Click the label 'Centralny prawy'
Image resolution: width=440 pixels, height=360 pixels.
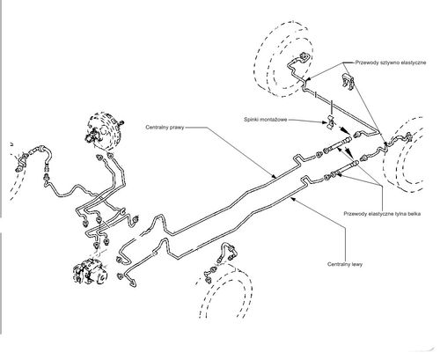coord(165,128)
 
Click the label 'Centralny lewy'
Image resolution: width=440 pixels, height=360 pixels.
coord(345,264)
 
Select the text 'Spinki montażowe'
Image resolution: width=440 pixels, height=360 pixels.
coord(266,120)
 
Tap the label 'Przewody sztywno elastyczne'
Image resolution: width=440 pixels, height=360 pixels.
coord(391,62)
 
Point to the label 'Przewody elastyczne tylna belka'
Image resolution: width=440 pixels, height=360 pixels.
coord(382,214)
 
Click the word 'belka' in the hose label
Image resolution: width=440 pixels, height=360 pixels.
coord(414,214)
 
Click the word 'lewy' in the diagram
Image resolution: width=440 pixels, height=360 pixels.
coord(357,264)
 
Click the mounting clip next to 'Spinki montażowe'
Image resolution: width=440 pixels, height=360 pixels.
coord(331,122)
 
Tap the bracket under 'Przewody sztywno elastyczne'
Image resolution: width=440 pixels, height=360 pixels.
coord(348,81)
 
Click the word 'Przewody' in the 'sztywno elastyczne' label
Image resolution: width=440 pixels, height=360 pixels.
coord(365,62)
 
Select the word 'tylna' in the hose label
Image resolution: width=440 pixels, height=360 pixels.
coord(400,214)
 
